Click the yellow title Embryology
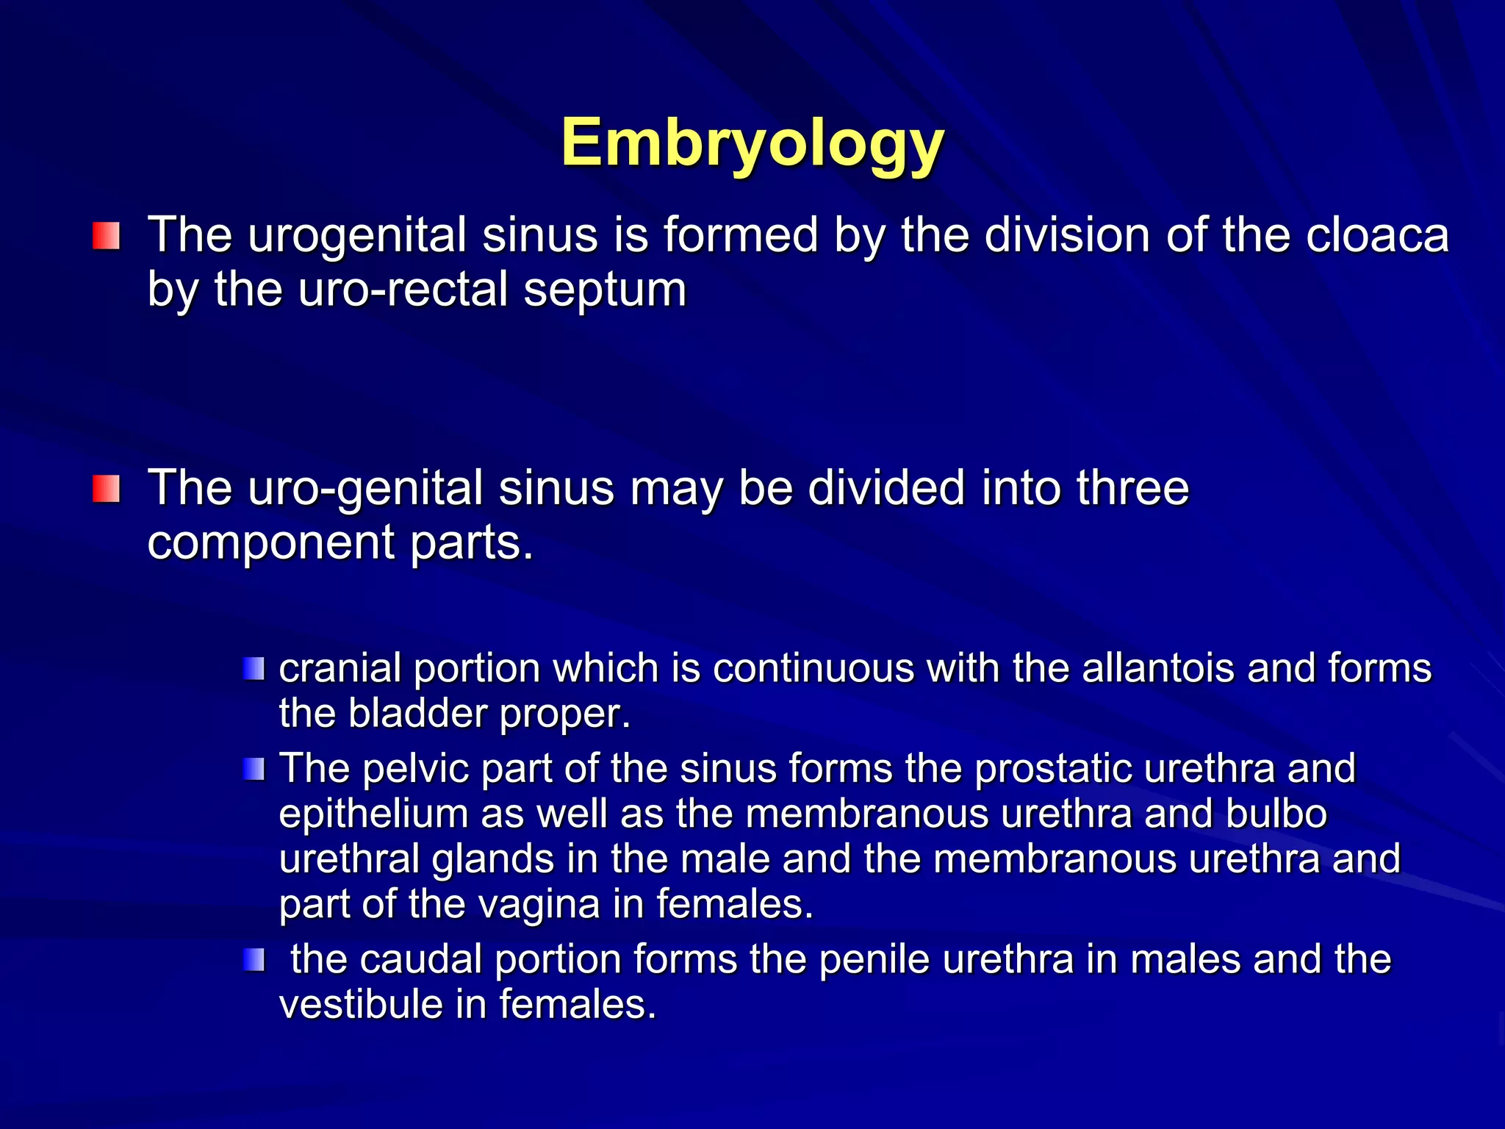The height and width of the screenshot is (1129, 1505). coord(752,144)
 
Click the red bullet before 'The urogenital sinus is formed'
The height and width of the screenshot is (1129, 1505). coord(106,237)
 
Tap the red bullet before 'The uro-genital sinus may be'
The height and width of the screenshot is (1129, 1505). coord(106,490)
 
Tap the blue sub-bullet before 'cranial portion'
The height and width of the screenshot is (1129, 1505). coord(254,669)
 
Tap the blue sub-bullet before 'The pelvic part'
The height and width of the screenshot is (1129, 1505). coord(254,770)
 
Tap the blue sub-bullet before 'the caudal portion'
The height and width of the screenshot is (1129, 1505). coord(254,960)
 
